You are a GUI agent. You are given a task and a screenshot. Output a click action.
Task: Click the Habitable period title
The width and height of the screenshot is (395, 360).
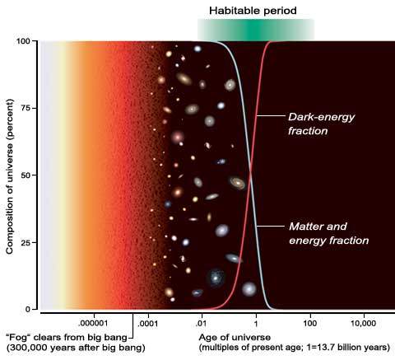click(253, 11)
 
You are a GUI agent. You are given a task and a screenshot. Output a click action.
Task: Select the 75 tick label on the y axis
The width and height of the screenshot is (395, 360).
click(25, 108)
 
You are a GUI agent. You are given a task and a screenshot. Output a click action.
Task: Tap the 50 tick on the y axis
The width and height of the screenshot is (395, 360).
click(25, 175)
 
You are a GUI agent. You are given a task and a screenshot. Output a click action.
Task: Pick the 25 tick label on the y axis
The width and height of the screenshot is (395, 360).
click(25, 242)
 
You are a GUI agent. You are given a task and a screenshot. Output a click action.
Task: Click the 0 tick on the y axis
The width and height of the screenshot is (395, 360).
click(28, 310)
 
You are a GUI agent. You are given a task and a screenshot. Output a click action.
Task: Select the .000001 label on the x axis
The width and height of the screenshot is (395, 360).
click(95, 323)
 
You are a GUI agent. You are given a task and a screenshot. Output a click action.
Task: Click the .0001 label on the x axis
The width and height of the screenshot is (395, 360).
click(147, 324)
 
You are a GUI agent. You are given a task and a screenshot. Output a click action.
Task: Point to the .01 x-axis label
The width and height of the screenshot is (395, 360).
click(201, 323)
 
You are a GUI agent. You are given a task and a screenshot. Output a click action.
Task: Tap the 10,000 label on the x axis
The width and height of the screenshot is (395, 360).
click(363, 324)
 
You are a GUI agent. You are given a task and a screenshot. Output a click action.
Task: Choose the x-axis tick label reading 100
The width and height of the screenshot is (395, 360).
click(310, 323)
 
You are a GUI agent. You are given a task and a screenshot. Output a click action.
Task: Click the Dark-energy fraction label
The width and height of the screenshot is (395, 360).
click(321, 124)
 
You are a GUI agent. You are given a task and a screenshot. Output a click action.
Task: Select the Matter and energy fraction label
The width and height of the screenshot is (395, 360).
click(328, 233)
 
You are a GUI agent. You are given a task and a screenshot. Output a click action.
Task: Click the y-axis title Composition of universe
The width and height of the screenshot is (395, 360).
click(10, 176)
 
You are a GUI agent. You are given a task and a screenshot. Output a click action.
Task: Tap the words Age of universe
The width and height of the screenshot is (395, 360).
click(235, 337)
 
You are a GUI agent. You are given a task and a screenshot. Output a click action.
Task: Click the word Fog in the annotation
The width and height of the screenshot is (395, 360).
click(18, 337)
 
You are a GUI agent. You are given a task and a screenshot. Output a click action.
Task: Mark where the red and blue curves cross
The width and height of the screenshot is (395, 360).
click(250, 172)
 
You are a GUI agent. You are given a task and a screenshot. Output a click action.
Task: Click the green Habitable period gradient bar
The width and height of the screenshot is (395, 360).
click(256, 30)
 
